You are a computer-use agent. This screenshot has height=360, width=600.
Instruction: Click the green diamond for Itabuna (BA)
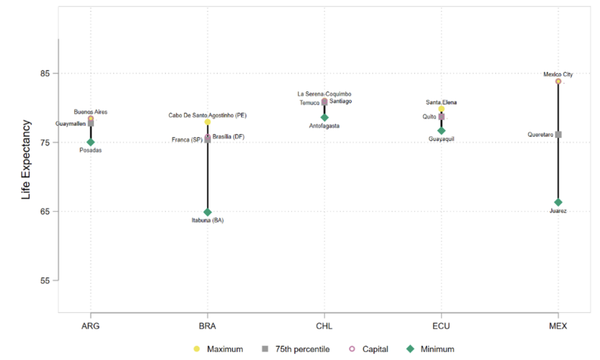[207, 212]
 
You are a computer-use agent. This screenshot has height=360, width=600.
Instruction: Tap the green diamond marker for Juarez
[558, 202]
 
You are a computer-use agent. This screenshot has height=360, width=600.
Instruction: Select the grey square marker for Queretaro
[558, 134]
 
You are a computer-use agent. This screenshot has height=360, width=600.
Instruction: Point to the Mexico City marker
[558, 81]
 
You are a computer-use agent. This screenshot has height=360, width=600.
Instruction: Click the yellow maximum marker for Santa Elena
[441, 109]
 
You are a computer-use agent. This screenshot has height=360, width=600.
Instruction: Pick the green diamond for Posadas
[91, 142]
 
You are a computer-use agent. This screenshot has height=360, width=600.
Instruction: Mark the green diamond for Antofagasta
[325, 117]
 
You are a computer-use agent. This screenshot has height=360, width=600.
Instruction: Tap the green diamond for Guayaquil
[441, 131]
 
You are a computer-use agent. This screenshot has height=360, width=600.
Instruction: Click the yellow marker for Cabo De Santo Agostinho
[207, 122]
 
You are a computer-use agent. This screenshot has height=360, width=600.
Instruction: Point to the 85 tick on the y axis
[45, 73]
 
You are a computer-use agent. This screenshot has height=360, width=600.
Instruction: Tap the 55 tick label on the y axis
[45, 280]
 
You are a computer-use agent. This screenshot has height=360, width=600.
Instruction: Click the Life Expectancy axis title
[26, 159]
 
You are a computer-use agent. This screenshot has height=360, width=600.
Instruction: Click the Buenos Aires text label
[91, 111]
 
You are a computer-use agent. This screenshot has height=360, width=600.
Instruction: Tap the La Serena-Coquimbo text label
[324, 94]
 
